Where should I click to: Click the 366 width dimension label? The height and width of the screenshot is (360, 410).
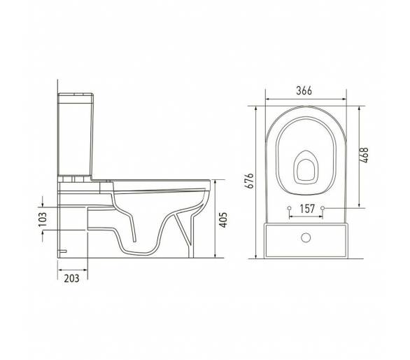[304, 90]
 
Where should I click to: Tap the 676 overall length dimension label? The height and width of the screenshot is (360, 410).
[250, 181]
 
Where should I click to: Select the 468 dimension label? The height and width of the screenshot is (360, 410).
[365, 155]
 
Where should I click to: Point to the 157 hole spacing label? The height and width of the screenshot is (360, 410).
[307, 209]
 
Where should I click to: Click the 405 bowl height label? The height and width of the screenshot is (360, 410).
[222, 220]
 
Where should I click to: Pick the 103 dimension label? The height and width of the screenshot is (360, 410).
[43, 219]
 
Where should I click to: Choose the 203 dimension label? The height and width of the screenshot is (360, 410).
[71, 278]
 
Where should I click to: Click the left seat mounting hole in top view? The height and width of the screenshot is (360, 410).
[289, 208]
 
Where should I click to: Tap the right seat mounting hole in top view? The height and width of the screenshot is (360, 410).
[323, 208]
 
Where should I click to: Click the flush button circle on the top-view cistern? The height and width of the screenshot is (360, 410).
[306, 237]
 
